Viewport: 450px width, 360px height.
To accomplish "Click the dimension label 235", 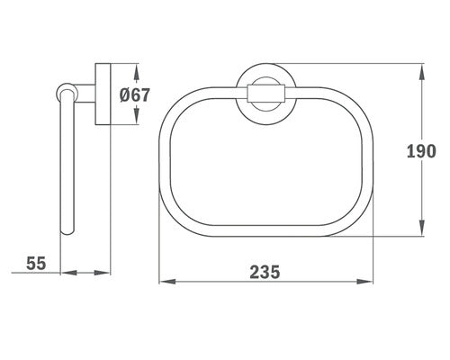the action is pyautogui.click(x=265, y=272).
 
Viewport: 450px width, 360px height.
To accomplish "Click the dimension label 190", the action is pyautogui.click(x=421, y=151).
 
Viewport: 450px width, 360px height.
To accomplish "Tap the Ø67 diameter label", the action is pyautogui.click(x=134, y=95).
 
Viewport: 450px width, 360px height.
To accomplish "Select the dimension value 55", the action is pyautogui.click(x=36, y=263).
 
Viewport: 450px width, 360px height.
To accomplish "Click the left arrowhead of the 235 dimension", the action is pyautogui.click(x=167, y=282).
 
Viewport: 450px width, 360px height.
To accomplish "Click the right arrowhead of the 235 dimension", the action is pyautogui.click(x=364, y=282).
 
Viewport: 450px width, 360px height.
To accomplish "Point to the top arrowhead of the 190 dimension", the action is pyautogui.click(x=422, y=72).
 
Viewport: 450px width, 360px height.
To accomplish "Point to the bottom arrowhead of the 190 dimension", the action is pyautogui.click(x=422, y=228).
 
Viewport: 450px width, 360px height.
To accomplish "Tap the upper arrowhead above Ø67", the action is pyautogui.click(x=136, y=75).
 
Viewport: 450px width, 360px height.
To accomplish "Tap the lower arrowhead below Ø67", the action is pyautogui.click(x=136, y=116).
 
